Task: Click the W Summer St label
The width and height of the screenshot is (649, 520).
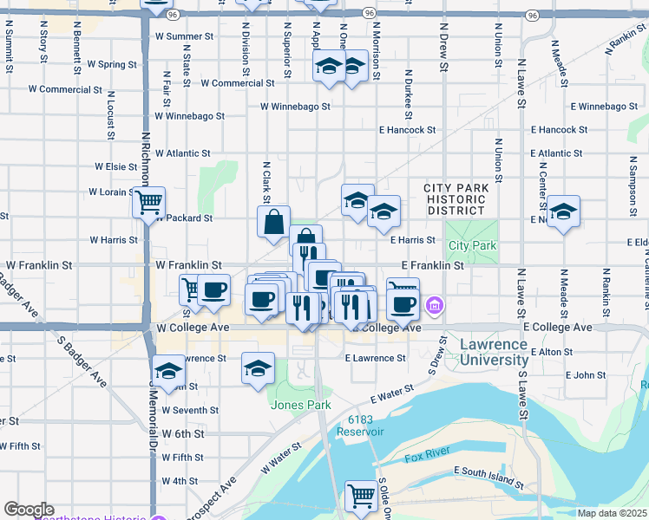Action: (x=183, y=36)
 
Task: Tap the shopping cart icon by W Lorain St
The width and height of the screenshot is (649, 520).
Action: (x=149, y=203)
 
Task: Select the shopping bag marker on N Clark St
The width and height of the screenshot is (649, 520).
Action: (x=274, y=221)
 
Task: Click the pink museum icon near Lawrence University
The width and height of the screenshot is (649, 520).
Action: (x=435, y=305)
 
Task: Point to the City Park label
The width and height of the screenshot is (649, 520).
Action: (x=473, y=246)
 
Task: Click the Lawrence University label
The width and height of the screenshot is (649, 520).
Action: (x=493, y=351)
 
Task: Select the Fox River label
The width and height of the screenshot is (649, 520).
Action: (x=425, y=457)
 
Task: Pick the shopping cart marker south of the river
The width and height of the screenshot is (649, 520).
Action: (x=362, y=496)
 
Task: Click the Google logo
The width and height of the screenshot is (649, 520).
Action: (x=29, y=510)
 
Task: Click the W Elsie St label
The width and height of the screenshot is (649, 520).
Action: (x=115, y=166)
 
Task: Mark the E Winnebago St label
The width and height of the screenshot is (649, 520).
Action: (x=610, y=107)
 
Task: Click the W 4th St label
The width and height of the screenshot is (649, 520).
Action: (x=180, y=480)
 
